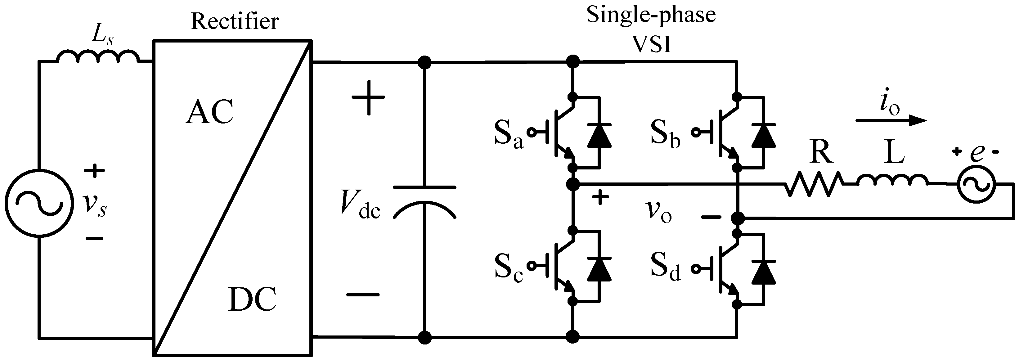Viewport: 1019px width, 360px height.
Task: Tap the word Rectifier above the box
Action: [235, 21]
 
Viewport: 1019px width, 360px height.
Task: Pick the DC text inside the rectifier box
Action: [252, 299]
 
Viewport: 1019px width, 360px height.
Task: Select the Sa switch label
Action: [508, 136]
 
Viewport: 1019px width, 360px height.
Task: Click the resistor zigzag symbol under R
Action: [814, 183]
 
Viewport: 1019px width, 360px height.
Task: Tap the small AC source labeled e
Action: [976, 183]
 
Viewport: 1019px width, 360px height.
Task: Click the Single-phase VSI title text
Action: [651, 30]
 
